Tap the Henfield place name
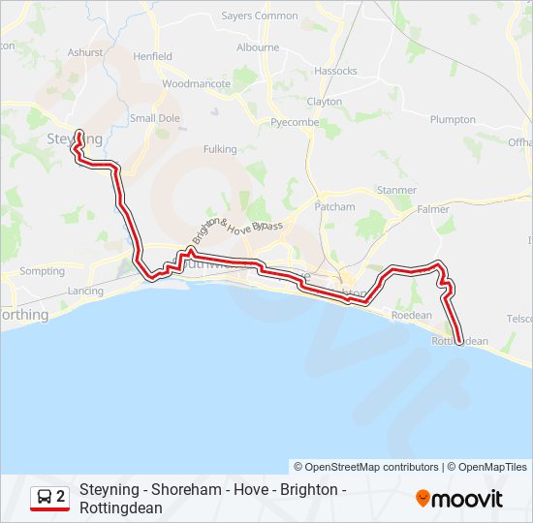point(152,57)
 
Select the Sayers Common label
point(260,16)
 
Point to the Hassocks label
point(336,72)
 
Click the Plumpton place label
point(453,120)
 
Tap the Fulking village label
point(220,149)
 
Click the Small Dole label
point(155,119)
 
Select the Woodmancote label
point(197,84)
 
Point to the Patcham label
point(335,207)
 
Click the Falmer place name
point(432,209)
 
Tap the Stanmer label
point(396,191)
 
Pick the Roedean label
point(410,316)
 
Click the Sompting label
point(42,272)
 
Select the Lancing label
point(85,292)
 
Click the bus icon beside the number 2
point(45,497)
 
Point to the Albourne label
point(258,46)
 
